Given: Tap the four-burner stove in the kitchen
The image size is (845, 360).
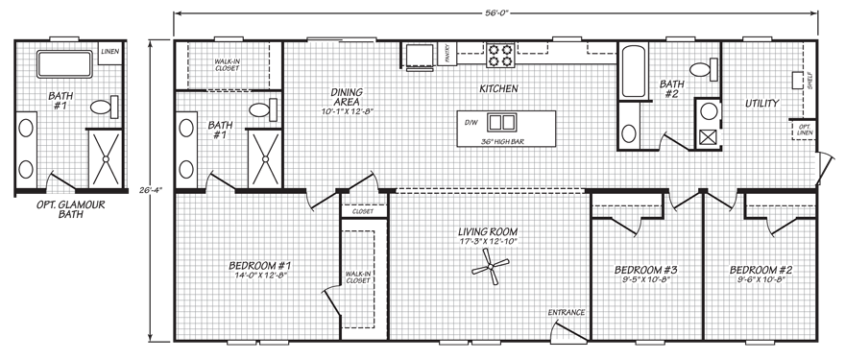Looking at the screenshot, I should [500, 55].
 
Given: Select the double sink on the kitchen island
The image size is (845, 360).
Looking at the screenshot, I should [501, 122].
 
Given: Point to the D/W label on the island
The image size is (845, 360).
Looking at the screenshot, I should [471, 123].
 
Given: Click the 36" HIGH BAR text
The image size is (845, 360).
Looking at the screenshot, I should [501, 142].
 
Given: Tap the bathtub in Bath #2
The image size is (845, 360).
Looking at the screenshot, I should [633, 70].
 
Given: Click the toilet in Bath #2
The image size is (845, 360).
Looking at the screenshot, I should [707, 68].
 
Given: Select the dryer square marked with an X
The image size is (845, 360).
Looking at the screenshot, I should [709, 136].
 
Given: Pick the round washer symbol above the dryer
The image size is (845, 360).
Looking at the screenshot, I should [709, 111].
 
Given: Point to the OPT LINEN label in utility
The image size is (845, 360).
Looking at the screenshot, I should [801, 128].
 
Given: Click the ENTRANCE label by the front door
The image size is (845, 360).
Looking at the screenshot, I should [566, 312].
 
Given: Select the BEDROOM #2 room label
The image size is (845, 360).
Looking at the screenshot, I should [759, 270].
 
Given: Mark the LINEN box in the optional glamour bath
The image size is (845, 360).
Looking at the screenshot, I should [109, 52].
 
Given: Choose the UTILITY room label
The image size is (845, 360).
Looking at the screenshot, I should [761, 103].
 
